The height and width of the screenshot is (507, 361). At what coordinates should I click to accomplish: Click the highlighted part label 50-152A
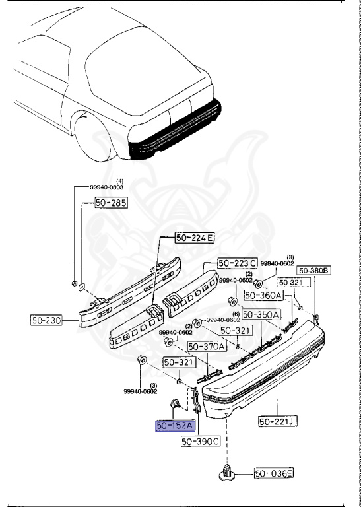(x=176, y=426)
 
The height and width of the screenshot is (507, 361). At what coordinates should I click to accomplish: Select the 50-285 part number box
(x=111, y=203)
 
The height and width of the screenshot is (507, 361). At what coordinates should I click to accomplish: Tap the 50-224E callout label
(x=195, y=238)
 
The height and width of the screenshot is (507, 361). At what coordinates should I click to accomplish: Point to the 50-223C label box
(x=237, y=263)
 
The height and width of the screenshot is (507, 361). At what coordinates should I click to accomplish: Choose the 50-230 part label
(x=46, y=320)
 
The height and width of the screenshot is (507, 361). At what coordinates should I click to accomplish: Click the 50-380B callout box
(x=314, y=270)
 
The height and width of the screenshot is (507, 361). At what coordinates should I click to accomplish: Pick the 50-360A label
(x=264, y=295)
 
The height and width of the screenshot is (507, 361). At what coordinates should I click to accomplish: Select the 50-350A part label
(x=261, y=314)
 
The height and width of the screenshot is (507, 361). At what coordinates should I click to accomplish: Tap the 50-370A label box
(x=207, y=347)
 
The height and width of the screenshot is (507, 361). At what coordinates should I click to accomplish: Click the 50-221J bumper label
(x=278, y=421)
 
